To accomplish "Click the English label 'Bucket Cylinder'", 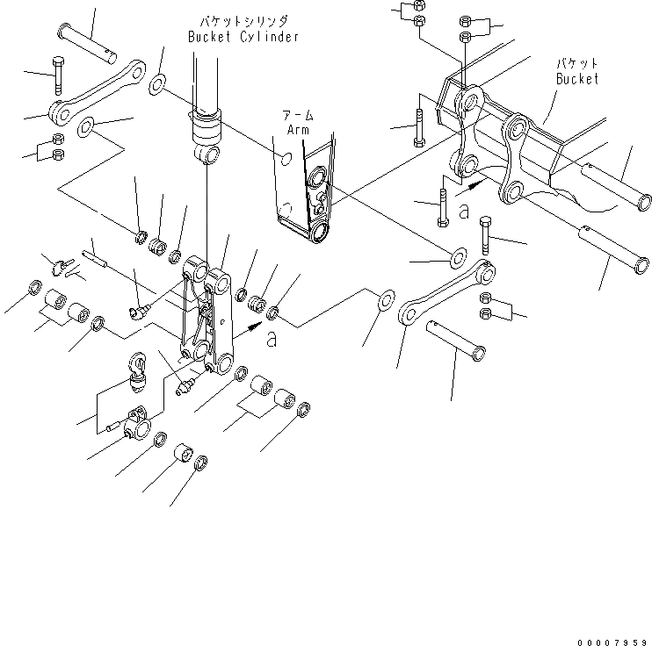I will coord(243,37).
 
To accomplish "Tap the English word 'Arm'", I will coord(298,130).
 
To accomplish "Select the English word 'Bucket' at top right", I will coord(576,79).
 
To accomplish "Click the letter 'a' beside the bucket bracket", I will coord(464,212).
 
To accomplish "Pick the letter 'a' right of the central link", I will coord(272,339).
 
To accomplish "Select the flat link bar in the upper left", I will coord(98,92).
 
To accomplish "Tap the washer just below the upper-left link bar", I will coord(88,130).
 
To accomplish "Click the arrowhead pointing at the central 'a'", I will coord(255,326).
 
